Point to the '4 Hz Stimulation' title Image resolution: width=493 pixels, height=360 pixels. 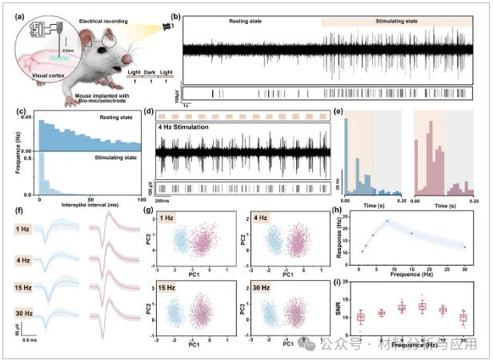pyautogui.click(x=191, y=127)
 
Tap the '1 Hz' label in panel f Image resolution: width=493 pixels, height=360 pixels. pyautogui.click(x=29, y=231)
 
